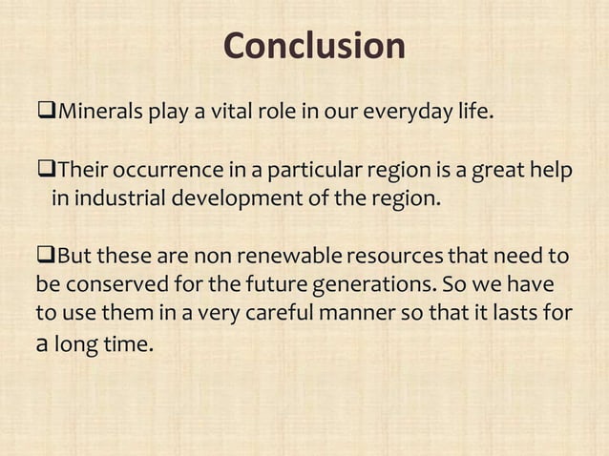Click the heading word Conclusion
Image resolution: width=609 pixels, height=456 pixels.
[314, 46]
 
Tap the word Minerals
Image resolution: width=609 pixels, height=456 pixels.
[100, 115]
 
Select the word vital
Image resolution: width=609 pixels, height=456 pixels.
[232, 115]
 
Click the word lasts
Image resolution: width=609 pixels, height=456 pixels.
[521, 313]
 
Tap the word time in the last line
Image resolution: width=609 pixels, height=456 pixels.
[127, 342]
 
